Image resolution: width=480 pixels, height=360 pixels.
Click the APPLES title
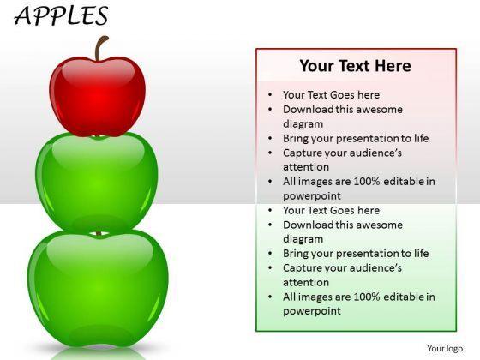tap(63, 16)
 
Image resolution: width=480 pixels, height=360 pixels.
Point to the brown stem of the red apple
tap(102, 48)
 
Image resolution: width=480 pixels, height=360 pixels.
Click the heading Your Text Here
tap(355, 66)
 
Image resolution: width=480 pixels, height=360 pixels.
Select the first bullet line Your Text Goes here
tap(331, 95)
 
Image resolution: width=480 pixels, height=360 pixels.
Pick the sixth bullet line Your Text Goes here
tap(331, 210)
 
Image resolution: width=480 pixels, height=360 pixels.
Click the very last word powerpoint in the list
tap(312, 311)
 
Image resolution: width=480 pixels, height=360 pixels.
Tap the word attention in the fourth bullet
tap(306, 167)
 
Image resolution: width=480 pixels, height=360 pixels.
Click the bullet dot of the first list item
tap(271, 95)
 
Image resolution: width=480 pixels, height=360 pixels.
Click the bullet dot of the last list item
tap(271, 297)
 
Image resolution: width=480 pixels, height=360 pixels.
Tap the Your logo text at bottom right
tap(445, 349)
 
